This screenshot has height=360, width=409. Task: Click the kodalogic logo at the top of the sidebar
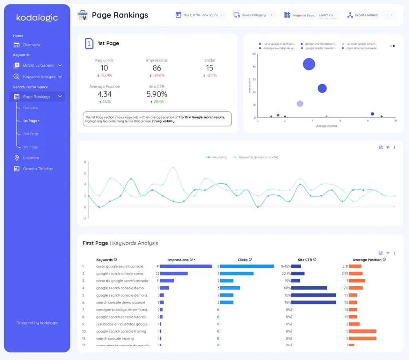[x=37, y=18]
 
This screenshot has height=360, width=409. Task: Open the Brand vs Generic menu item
[x=39, y=65]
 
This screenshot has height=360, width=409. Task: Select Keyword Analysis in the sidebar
[x=39, y=77]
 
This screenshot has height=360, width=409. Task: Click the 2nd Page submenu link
[x=31, y=134]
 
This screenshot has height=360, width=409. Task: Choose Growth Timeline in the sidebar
[x=38, y=169]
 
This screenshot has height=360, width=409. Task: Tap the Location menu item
[x=31, y=158]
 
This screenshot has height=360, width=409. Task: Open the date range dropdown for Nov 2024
[x=201, y=15]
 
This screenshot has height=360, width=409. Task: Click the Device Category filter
[x=254, y=15]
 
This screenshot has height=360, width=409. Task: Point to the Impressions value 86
[x=157, y=68]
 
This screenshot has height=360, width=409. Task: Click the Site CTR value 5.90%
[x=157, y=95]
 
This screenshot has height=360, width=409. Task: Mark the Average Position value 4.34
[x=104, y=95]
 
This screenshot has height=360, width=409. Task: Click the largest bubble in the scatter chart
[x=309, y=64]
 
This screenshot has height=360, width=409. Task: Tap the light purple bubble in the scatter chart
[x=300, y=104]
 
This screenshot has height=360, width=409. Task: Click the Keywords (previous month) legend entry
[x=258, y=157]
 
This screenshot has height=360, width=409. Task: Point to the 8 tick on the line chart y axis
[x=85, y=162]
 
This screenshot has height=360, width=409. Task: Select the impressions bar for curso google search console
[x=186, y=266]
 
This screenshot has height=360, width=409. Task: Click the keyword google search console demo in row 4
[x=120, y=288]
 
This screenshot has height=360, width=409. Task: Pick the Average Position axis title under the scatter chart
[x=326, y=126]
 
